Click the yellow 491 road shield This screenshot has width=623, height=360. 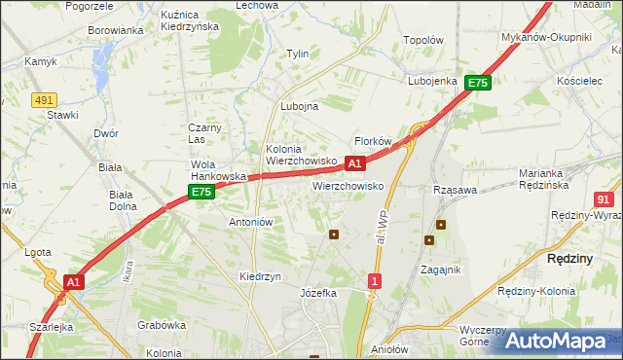43,100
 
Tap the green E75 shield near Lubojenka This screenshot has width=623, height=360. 477,84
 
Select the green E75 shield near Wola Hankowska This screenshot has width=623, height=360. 202,193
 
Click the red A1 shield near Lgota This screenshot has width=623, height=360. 73,281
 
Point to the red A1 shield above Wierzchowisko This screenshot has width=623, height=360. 355,163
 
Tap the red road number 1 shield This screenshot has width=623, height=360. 375,281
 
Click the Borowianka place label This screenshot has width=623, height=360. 116,30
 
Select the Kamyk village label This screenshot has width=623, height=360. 41,61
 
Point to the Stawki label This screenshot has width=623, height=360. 62,115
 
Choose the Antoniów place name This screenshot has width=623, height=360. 250,222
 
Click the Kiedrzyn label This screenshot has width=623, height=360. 260,276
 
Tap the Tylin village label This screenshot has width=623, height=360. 297,54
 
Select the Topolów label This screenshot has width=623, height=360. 423,41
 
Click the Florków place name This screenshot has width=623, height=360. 372,141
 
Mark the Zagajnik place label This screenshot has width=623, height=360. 440,270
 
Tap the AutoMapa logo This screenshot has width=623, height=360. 556,341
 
